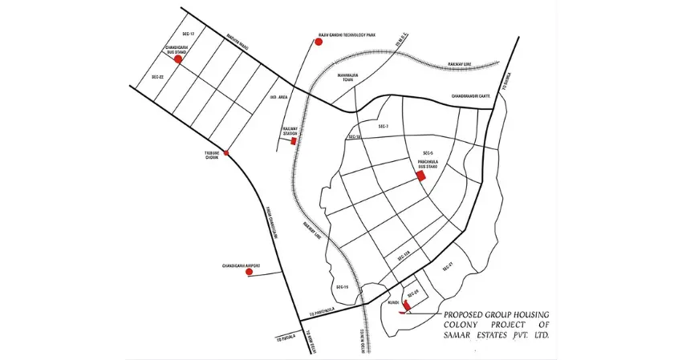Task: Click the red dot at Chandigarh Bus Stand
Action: [x=177, y=59]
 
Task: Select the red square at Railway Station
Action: [x=294, y=141]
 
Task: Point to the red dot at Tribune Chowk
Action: [x=226, y=152]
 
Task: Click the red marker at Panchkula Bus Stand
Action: [x=420, y=176]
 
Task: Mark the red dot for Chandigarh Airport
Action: [x=249, y=273]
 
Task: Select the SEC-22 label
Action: [x=157, y=77]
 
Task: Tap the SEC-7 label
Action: [x=383, y=127]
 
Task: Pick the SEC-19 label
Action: [x=342, y=286]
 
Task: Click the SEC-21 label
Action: [x=449, y=265]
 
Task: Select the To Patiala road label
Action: [x=285, y=335]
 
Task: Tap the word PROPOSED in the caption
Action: [x=465, y=315]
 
